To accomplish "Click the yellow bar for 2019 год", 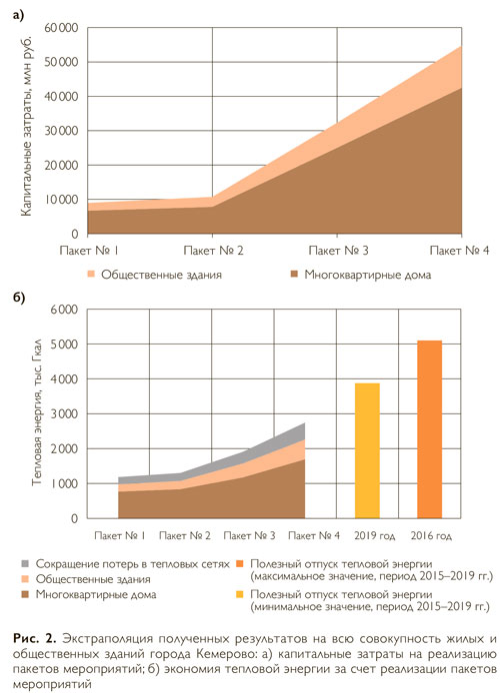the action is click(x=367, y=450).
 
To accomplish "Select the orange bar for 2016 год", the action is click(x=430, y=429).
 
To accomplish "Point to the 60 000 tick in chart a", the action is click(x=62, y=28).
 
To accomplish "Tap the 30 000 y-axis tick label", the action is click(x=62, y=131).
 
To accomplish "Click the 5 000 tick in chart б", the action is click(x=64, y=344).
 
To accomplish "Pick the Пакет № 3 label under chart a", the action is click(x=338, y=251).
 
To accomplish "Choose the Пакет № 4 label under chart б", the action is click(x=314, y=535).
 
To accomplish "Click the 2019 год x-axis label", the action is click(x=374, y=535).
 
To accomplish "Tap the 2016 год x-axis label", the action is click(x=431, y=535).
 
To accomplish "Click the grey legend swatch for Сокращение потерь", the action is click(x=25, y=564).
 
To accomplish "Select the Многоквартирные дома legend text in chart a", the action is click(x=368, y=275).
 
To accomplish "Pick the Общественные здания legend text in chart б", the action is click(x=93, y=579).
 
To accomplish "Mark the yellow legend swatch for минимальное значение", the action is click(x=239, y=594).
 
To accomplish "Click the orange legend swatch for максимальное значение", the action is click(x=239, y=564).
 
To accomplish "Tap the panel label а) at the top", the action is click(x=18, y=15).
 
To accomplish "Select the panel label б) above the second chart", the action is click(x=19, y=298).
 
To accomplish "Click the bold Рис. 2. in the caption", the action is click(x=35, y=639).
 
